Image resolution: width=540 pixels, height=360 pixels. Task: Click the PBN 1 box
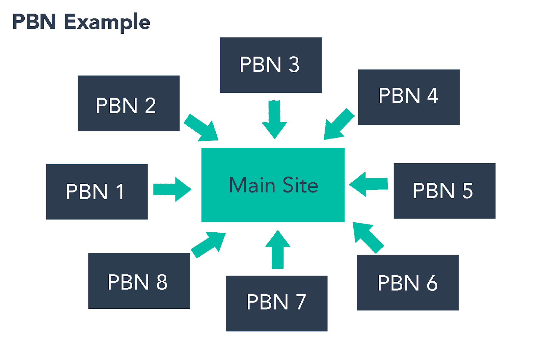click(x=97, y=191)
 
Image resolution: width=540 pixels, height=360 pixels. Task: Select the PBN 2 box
click(x=129, y=103)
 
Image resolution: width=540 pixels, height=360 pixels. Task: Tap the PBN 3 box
click(x=270, y=65)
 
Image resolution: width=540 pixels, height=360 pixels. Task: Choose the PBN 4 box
click(x=408, y=97)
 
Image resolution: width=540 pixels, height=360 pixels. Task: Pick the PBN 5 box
click(x=444, y=191)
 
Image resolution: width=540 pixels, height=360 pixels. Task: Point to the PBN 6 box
click(x=407, y=282)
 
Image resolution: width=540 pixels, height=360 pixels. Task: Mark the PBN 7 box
click(x=276, y=303)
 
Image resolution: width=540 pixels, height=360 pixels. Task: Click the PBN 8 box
click(x=139, y=281)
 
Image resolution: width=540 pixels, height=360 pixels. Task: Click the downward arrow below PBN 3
click(x=274, y=120)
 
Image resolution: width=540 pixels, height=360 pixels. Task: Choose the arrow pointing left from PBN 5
click(x=369, y=184)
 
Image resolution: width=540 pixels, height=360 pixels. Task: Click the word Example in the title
click(x=107, y=22)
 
